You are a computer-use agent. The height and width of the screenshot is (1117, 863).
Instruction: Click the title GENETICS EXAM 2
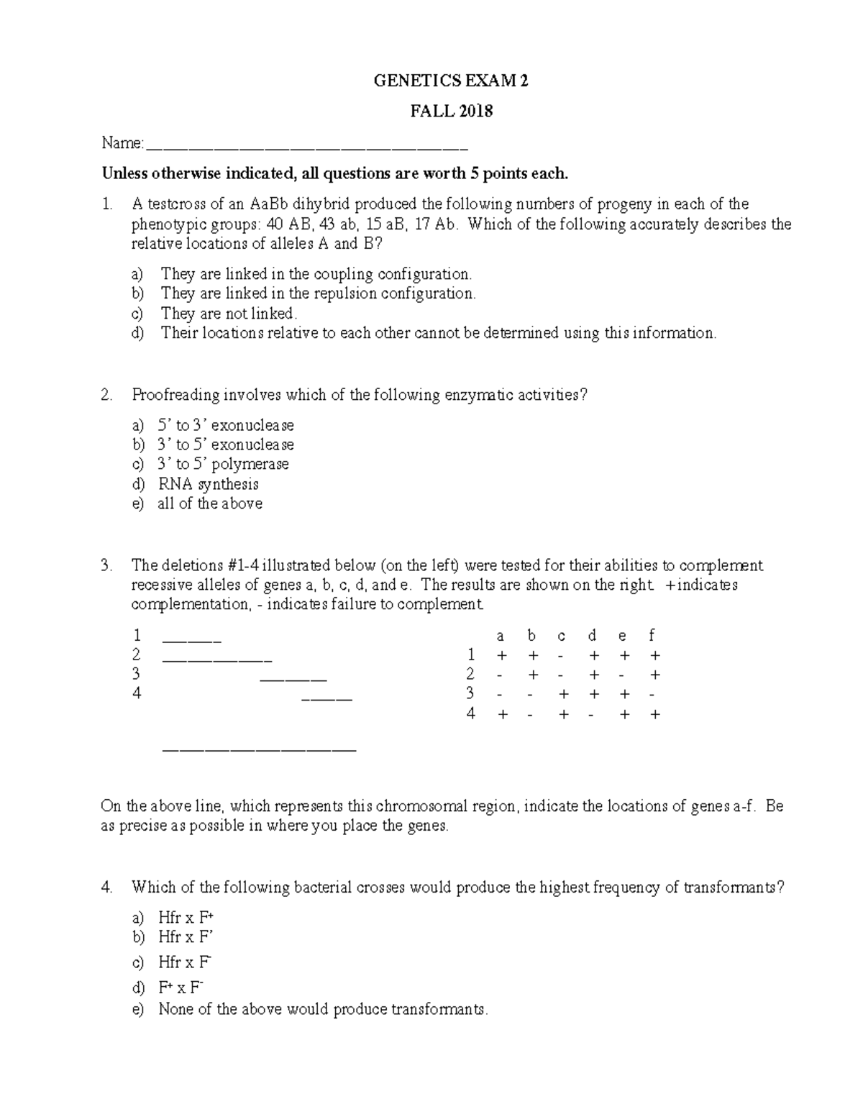tap(451, 81)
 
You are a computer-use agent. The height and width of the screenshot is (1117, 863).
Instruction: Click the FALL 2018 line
tap(451, 111)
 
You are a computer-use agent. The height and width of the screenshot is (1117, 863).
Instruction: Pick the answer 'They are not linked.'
tap(229, 314)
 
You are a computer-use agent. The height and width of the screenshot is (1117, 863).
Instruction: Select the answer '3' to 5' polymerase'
tap(223, 464)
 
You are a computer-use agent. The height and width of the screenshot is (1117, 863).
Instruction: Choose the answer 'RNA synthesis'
tap(208, 484)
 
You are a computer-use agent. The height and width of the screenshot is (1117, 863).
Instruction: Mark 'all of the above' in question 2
tap(210, 503)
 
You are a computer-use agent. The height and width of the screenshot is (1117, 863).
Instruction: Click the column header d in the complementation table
tap(592, 636)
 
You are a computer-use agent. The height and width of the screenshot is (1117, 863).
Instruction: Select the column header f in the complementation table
tap(652, 636)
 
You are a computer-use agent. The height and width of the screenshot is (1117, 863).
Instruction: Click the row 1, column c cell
tap(561, 656)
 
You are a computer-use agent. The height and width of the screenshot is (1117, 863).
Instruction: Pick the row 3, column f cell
tap(652, 695)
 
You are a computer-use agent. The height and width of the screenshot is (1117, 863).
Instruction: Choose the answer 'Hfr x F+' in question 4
tap(186, 918)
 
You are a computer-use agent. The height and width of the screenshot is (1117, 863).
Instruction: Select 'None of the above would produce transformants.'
tap(322, 1009)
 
